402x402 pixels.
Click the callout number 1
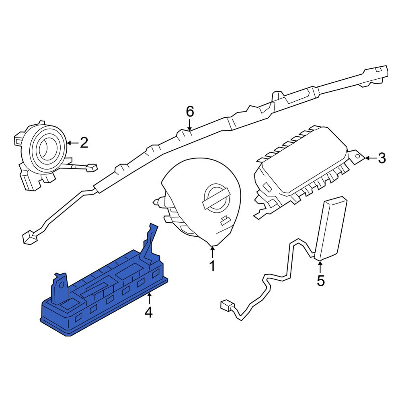click(x=212, y=266)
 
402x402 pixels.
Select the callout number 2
click(x=84, y=143)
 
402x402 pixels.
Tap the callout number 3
click(x=382, y=158)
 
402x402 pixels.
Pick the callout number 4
click(x=149, y=312)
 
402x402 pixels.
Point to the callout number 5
click(x=321, y=281)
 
